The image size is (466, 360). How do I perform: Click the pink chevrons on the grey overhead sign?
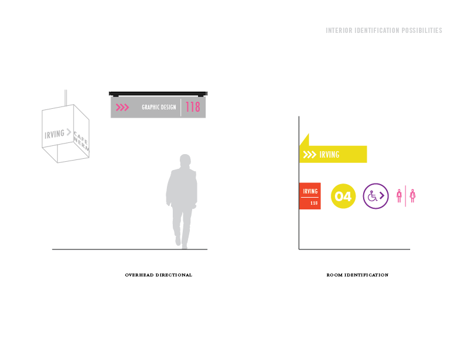pos(122,108)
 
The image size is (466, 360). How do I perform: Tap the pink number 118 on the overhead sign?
pos(193,107)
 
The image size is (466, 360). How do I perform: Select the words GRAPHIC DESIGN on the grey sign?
pos(159,108)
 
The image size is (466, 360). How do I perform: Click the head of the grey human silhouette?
pos(185,161)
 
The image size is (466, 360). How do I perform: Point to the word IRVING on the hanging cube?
pos(55,134)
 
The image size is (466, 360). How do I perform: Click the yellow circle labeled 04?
pos(343,196)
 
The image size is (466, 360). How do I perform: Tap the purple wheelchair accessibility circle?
pos(376,196)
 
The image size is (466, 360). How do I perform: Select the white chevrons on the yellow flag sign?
pos(309,155)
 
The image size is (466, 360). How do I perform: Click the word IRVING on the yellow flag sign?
pos(330,155)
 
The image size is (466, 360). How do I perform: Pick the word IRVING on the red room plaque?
pos(310,191)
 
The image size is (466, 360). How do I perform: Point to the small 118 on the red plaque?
pos(314,203)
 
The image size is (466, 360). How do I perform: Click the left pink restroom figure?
pos(400,196)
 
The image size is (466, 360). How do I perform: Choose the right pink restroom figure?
pos(413,196)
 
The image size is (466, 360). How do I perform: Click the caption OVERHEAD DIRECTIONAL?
pos(159,275)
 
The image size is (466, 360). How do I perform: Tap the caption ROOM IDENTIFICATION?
pos(357,275)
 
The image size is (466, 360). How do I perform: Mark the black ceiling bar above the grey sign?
pos(158,93)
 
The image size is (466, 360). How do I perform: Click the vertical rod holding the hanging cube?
pos(65,98)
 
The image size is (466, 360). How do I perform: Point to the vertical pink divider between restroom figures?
pos(406,196)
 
